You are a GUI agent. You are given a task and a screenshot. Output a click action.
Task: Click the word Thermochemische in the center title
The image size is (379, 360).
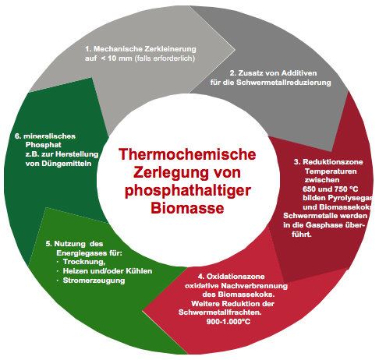point(187,154)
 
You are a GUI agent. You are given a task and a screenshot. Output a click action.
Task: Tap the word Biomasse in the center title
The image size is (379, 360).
point(187,208)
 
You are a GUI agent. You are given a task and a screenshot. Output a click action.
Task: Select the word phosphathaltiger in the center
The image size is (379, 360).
point(188,191)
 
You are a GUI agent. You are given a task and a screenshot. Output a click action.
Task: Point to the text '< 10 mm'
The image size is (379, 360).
point(116,58)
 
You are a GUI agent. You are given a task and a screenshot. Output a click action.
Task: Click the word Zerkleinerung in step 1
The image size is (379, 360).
point(170,49)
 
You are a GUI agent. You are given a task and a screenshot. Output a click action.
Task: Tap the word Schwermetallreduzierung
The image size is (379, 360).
point(284,83)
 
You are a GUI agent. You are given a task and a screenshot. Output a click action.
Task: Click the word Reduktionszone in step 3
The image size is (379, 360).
point(333,162)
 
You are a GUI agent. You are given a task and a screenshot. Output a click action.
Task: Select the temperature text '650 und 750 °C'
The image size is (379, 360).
point(330,189)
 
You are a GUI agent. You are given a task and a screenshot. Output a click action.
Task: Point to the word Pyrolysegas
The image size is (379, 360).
point(350,198)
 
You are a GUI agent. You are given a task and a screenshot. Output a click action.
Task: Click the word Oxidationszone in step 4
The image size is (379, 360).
point(236,277)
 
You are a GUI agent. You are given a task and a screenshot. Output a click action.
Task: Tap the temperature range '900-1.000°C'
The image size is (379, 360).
point(228,322)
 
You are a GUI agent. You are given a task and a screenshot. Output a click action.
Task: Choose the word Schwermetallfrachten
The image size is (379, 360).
point(220,312)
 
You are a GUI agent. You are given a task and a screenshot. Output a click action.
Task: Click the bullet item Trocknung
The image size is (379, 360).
point(84,262)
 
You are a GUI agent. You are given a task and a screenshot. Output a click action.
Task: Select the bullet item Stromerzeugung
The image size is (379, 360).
point(94,281)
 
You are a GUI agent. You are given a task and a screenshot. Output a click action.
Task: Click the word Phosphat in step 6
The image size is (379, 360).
point(44,145)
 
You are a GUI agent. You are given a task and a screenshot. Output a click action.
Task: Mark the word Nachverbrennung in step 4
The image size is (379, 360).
point(254,286)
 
